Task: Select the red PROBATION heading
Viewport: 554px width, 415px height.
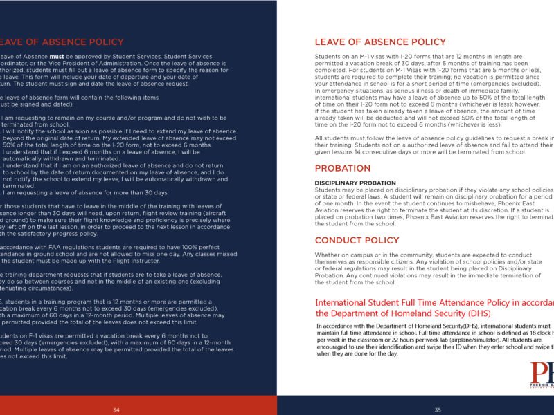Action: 343,168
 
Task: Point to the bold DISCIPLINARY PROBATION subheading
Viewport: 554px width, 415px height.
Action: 355,183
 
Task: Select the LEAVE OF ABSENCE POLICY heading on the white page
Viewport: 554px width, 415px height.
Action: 380,42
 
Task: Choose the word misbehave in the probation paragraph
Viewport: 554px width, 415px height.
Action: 474,203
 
